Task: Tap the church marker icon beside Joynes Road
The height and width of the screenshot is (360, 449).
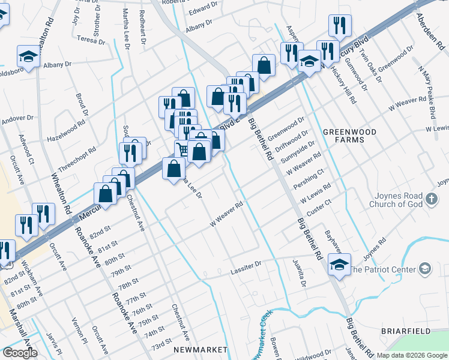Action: (x=431, y=199)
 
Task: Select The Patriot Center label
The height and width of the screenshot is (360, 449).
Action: (x=384, y=269)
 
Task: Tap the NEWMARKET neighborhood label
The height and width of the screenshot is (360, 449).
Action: (x=200, y=349)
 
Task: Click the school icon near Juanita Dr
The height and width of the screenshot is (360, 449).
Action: (x=339, y=265)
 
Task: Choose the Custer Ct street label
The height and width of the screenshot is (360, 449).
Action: (x=319, y=208)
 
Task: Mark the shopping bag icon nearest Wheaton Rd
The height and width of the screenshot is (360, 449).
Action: (x=105, y=194)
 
